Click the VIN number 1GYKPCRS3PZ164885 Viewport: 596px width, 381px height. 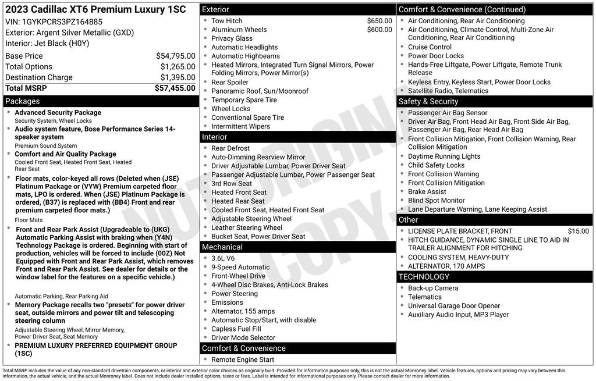click(62, 22)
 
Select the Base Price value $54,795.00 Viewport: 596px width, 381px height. click(175, 56)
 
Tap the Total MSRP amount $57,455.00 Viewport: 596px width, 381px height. click(175, 88)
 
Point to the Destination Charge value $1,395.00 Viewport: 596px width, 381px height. click(178, 77)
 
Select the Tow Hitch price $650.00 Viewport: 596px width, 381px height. click(379, 21)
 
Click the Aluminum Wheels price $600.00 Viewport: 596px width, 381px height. click(379, 30)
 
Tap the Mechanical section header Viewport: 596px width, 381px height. click(222, 247)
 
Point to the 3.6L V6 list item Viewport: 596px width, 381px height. click(223, 258)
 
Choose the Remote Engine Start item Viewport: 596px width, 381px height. click(243, 359)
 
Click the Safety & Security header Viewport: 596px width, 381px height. click(428, 102)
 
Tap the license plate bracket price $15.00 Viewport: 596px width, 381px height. click(578, 232)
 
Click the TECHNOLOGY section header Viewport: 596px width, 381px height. click(424, 277)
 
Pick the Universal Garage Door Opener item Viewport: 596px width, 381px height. click(454, 306)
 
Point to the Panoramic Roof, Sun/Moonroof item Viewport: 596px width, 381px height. click(260, 91)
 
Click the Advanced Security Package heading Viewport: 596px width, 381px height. click(58, 113)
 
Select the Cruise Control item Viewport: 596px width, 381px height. click(430, 47)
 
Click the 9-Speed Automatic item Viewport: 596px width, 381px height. click(240, 267)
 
